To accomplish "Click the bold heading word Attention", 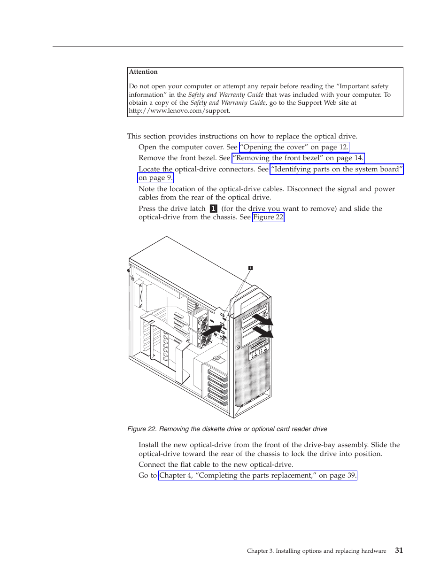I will point(143,72).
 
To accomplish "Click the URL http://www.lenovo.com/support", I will point(179,111).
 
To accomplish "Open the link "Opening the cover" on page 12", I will point(294,147).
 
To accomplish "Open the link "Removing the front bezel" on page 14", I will point(298,158).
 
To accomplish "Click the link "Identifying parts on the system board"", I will point(337,169).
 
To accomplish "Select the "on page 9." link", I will point(155,178).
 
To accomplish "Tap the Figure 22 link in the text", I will point(268,217).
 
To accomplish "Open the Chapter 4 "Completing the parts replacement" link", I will point(257,475).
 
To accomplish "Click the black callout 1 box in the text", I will point(213,209).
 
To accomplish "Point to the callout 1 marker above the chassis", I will point(250,268).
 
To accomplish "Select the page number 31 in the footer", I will point(399,550).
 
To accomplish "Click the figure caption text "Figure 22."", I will point(142,429).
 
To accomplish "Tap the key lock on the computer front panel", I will point(239,348).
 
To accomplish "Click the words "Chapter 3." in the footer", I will point(260,551).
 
